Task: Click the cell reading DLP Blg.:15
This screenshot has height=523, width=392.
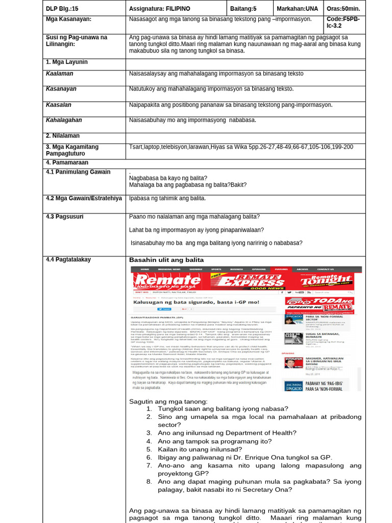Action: [x=62, y=9]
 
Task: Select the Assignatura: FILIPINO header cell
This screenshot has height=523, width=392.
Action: [x=159, y=9]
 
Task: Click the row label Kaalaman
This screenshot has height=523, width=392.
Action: [x=60, y=74]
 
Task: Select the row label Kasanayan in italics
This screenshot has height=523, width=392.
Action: [x=61, y=89]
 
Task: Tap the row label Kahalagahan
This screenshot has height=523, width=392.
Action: [x=64, y=120]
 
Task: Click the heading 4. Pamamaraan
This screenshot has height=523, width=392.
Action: [x=67, y=162]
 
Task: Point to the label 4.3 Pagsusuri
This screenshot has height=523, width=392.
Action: [x=64, y=217]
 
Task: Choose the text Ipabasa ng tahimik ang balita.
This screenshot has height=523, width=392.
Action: [x=167, y=198]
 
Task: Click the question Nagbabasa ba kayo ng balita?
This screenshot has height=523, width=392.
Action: [x=168, y=178]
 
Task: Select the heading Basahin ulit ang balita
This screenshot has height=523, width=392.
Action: [x=166, y=260]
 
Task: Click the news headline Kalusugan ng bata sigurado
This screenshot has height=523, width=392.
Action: [x=196, y=302]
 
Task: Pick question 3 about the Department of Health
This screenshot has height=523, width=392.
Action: [x=227, y=433]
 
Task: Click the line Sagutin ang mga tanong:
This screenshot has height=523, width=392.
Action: [x=168, y=401]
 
